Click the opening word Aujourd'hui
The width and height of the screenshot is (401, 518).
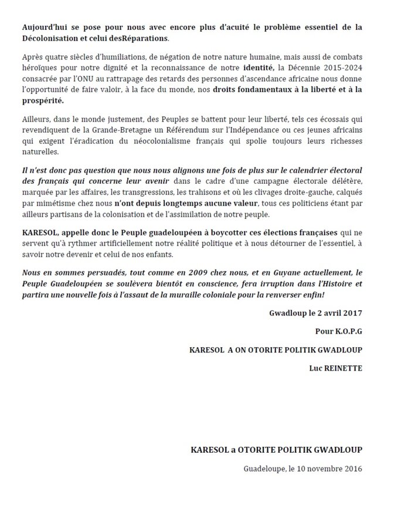(42, 28)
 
